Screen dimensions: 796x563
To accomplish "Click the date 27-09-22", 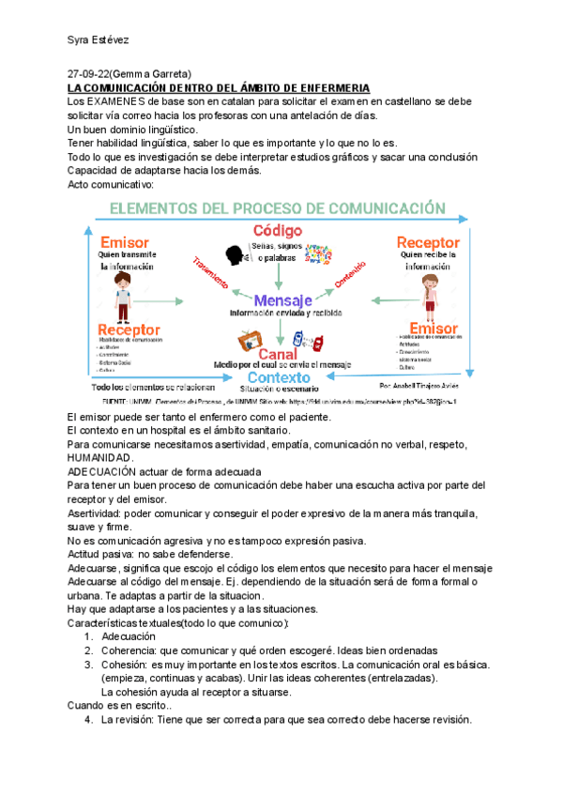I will click(x=91, y=74).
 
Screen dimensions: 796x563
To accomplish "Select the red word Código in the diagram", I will click(x=278, y=231).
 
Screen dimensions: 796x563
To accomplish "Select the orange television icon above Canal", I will click(x=251, y=338).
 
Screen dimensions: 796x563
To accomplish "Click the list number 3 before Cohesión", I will click(x=88, y=665).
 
